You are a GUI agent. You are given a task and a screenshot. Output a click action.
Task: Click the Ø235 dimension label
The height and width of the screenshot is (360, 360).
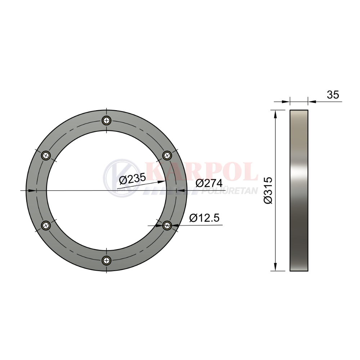(x=132, y=179)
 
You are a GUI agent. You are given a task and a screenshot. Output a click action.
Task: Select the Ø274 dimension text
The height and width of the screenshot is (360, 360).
(x=209, y=183)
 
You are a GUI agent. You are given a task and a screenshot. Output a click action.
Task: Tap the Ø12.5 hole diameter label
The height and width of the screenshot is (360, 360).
(x=204, y=218)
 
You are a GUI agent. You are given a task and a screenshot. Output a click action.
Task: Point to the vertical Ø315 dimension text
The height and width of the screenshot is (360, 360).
(x=268, y=190)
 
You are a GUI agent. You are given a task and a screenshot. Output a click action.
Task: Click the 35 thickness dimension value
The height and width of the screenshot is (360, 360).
(x=333, y=95)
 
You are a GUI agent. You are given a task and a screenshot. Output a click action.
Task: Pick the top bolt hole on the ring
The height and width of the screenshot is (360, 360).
(x=107, y=120)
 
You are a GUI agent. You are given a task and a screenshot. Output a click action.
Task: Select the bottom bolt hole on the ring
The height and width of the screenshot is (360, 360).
(x=107, y=260)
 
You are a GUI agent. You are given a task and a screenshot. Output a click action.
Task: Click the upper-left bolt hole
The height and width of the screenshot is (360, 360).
(x=46, y=156)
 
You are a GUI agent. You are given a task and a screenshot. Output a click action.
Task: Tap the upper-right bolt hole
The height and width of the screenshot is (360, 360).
(x=167, y=156)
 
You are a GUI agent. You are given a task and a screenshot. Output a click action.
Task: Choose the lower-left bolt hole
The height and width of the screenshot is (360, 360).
(x=46, y=225)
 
